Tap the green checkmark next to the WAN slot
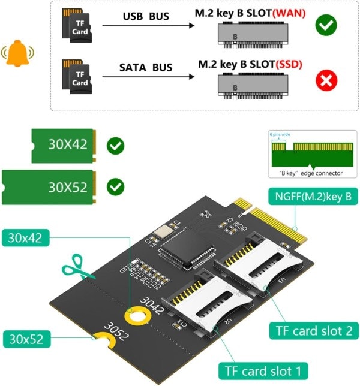(x=326, y=25)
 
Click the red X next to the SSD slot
(x=326, y=80)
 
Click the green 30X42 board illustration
(x=62, y=145)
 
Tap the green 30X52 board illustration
(x=49, y=186)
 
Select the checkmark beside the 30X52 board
(x=115, y=187)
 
